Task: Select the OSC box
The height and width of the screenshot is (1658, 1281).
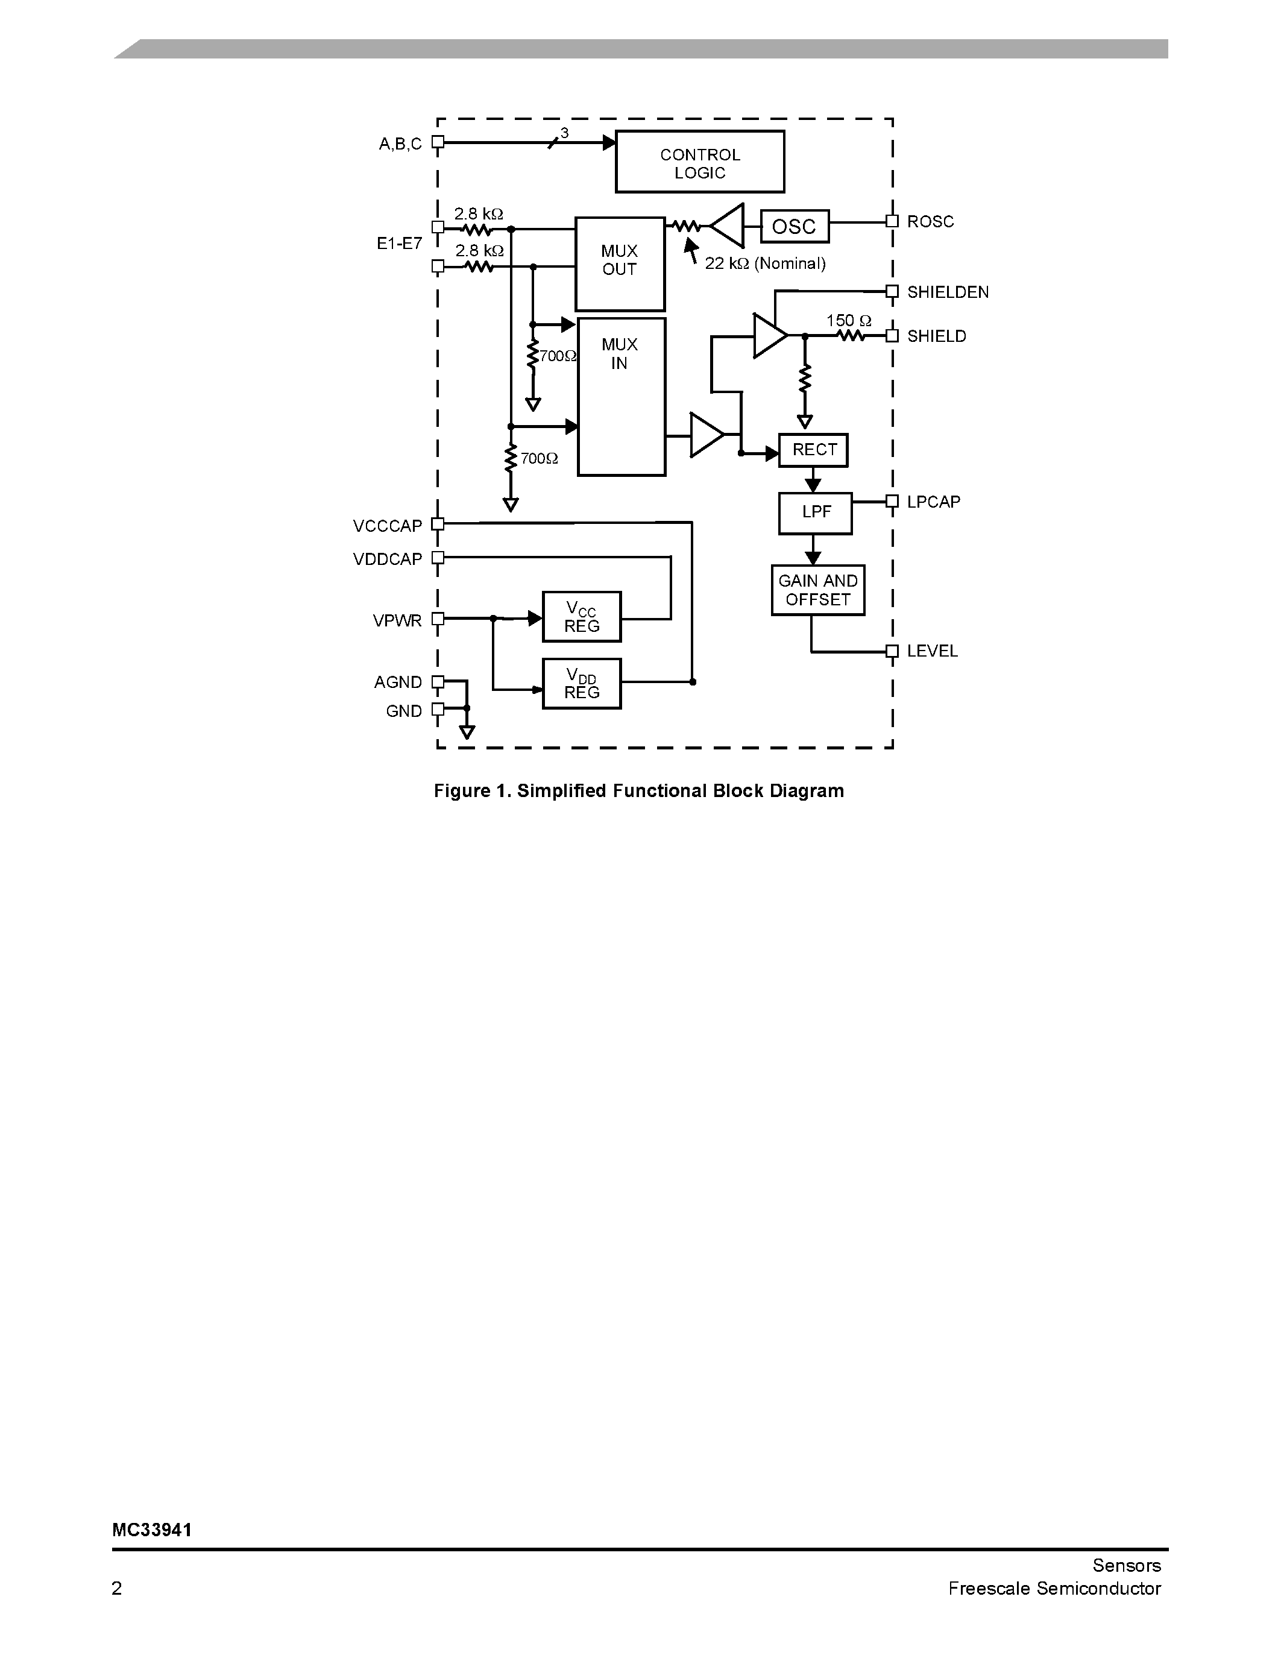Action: click(x=794, y=226)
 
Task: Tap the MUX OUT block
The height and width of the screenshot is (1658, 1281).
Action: click(x=619, y=263)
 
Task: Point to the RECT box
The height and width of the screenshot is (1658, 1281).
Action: click(x=813, y=450)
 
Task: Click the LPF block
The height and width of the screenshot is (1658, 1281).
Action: click(x=815, y=513)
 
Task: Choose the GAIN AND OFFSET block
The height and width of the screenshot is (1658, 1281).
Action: click(x=817, y=590)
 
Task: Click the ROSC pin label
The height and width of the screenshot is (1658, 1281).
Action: click(x=930, y=222)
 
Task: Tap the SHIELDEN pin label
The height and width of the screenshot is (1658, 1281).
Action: click(x=948, y=292)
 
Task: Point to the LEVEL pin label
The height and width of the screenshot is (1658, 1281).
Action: click(x=932, y=651)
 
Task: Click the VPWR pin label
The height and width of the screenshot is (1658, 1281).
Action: click(x=397, y=621)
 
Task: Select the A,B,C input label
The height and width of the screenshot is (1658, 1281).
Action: click(x=400, y=144)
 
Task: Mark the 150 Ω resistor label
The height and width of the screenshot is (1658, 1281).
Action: click(x=848, y=320)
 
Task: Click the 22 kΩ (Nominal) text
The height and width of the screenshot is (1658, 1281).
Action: click(x=765, y=263)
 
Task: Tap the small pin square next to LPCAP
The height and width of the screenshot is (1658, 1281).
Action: click(x=892, y=501)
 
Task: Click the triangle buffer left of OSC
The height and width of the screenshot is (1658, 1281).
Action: click(x=729, y=225)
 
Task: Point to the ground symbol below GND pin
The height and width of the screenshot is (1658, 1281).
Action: click(x=467, y=732)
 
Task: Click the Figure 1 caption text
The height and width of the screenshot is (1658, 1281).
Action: click(x=638, y=791)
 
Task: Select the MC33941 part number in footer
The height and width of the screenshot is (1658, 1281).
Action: click(x=152, y=1530)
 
